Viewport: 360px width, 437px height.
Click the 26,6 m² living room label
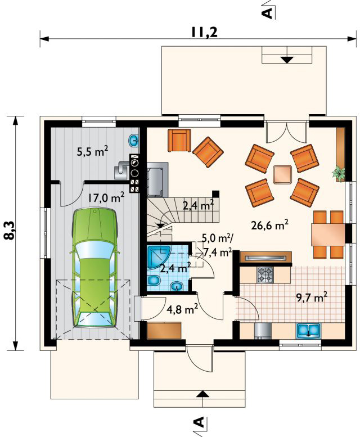269,225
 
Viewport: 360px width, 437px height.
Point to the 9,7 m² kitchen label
312,298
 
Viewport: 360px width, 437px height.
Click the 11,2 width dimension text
204,33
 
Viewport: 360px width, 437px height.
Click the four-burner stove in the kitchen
265,274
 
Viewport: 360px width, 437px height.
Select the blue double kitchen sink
309,330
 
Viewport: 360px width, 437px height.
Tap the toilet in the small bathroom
154,281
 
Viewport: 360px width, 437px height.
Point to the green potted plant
339,173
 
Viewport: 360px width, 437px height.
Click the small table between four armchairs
282,174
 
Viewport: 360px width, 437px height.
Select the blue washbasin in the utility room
134,141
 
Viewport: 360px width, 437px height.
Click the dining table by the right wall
328,234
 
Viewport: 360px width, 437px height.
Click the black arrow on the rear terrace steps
287,60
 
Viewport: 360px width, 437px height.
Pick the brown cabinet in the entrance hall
164,331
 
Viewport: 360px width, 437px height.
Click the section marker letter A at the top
267,13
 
